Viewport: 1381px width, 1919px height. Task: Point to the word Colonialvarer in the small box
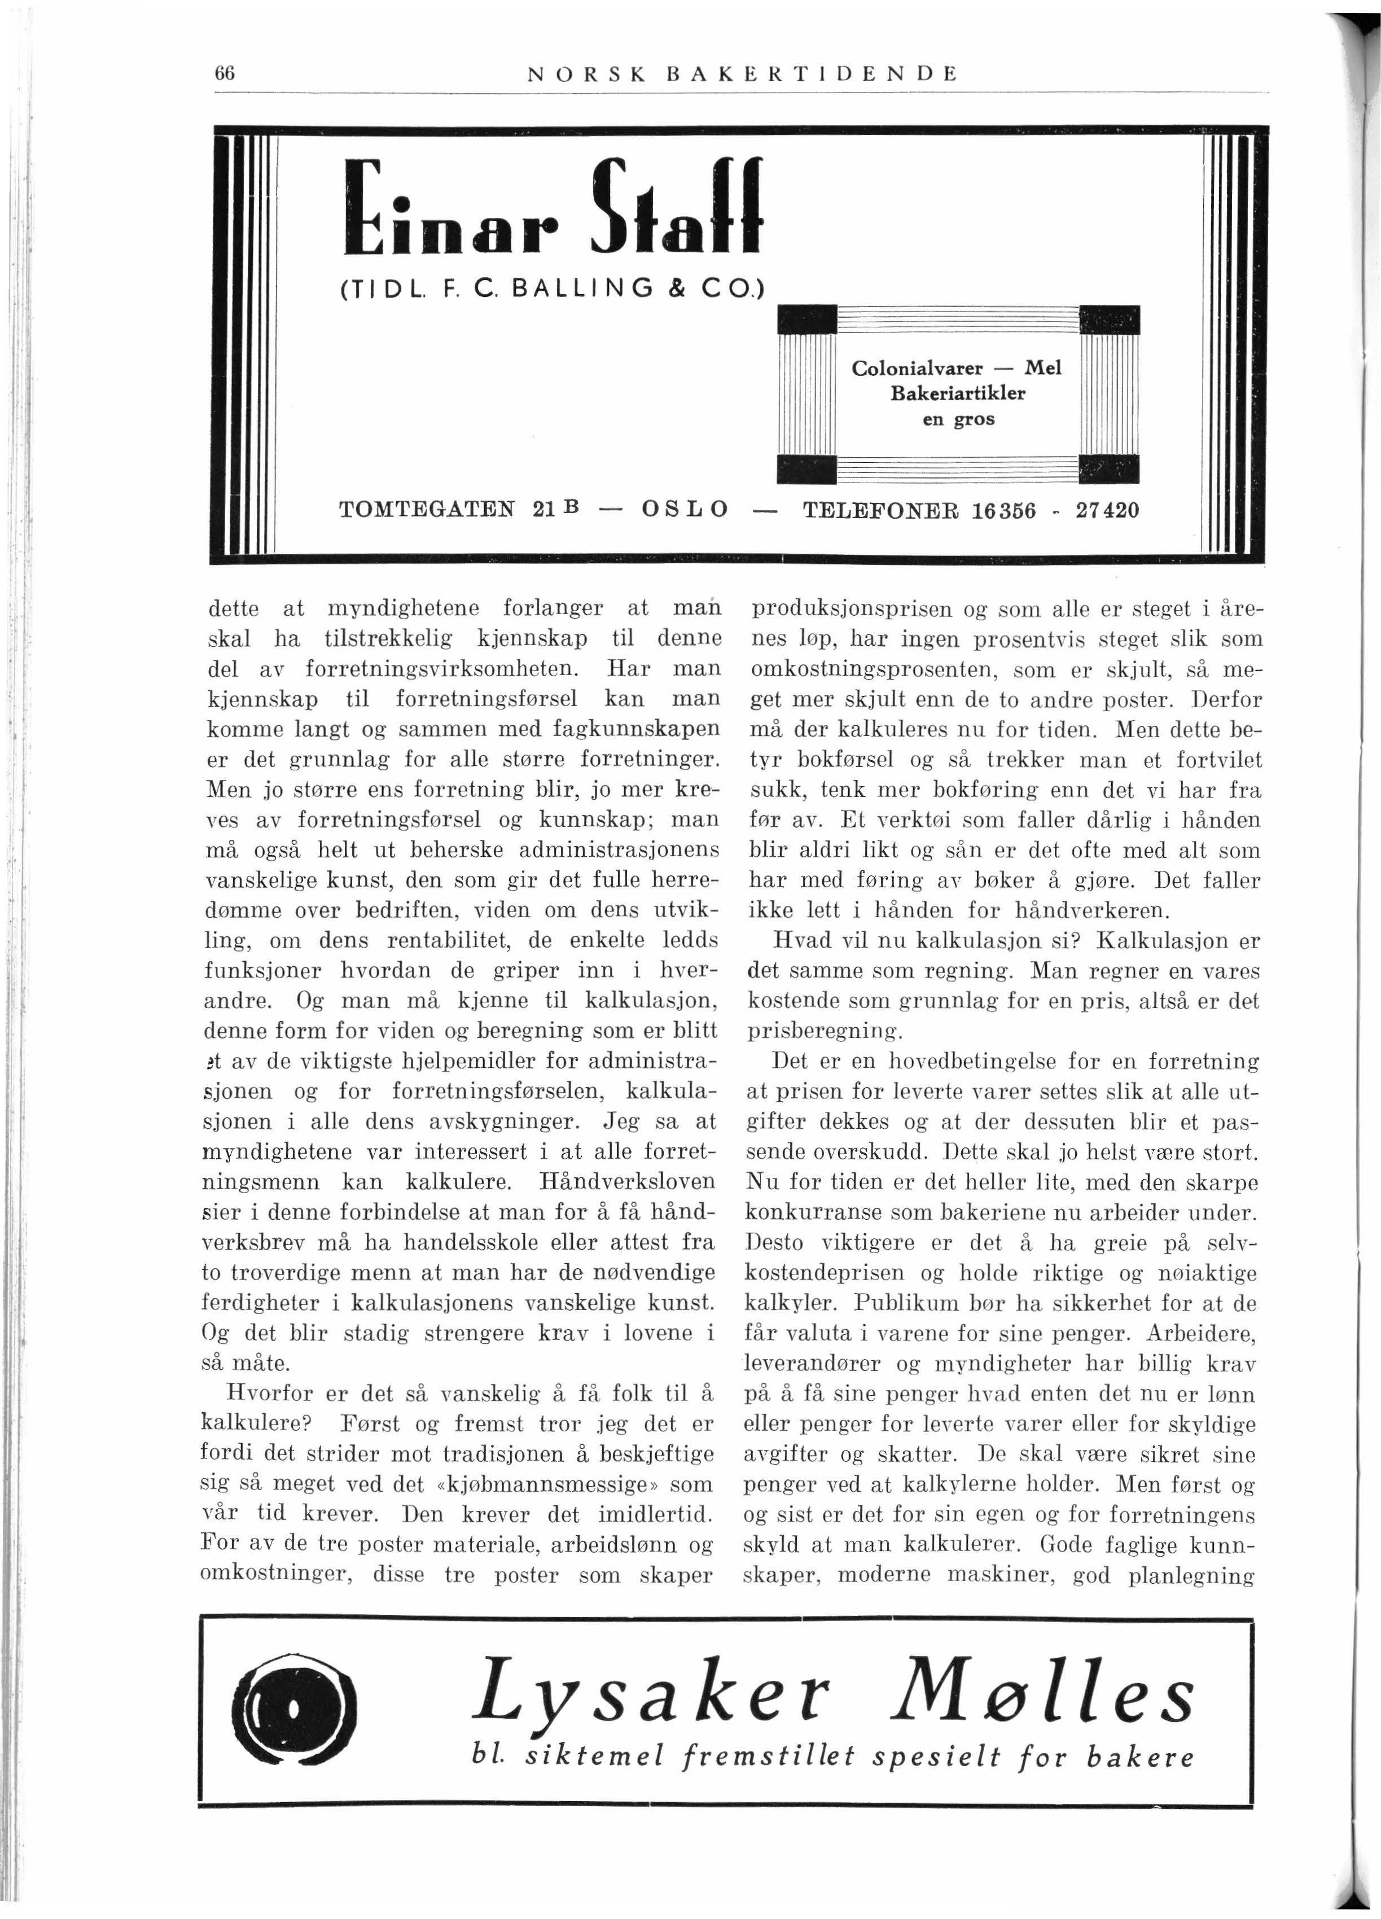(x=917, y=369)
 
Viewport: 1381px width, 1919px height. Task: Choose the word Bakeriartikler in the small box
(x=958, y=393)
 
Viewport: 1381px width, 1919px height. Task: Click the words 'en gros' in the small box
(x=958, y=419)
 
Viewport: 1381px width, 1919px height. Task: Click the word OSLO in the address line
(x=686, y=511)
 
